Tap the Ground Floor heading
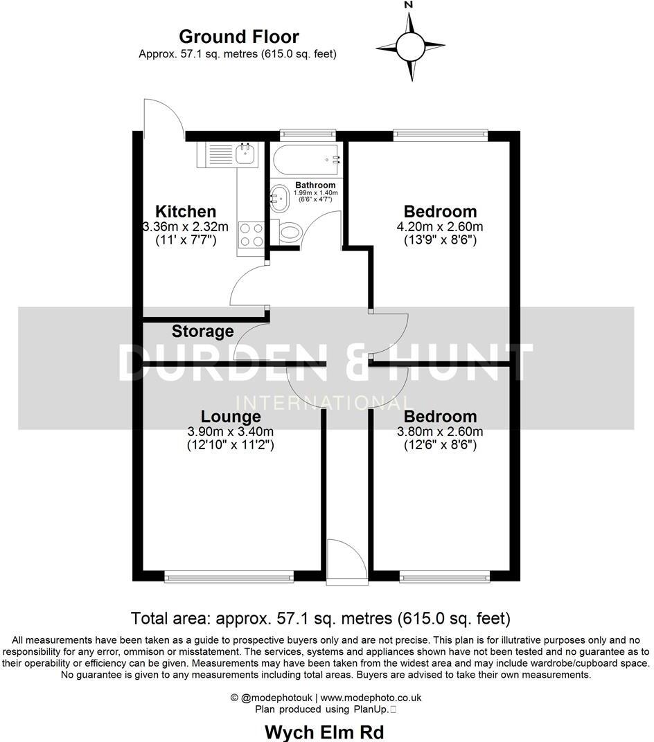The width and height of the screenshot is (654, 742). tap(238, 36)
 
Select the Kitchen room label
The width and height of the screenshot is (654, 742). tap(185, 211)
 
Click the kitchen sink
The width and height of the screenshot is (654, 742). tap(245, 153)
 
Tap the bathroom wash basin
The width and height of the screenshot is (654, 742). tap(281, 198)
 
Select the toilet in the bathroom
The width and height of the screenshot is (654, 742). tap(286, 232)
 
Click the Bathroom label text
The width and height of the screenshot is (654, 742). tap(315, 185)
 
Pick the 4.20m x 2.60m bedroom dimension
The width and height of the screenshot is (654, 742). tap(441, 226)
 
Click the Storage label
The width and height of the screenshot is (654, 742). tap(202, 332)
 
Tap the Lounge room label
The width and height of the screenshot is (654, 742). tap(231, 417)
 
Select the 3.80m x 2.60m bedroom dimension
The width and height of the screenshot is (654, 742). tap(441, 431)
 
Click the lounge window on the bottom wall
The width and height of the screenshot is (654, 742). tap(229, 576)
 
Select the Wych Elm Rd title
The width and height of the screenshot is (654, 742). tap(325, 732)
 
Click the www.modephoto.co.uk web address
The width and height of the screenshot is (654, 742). tap(371, 698)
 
